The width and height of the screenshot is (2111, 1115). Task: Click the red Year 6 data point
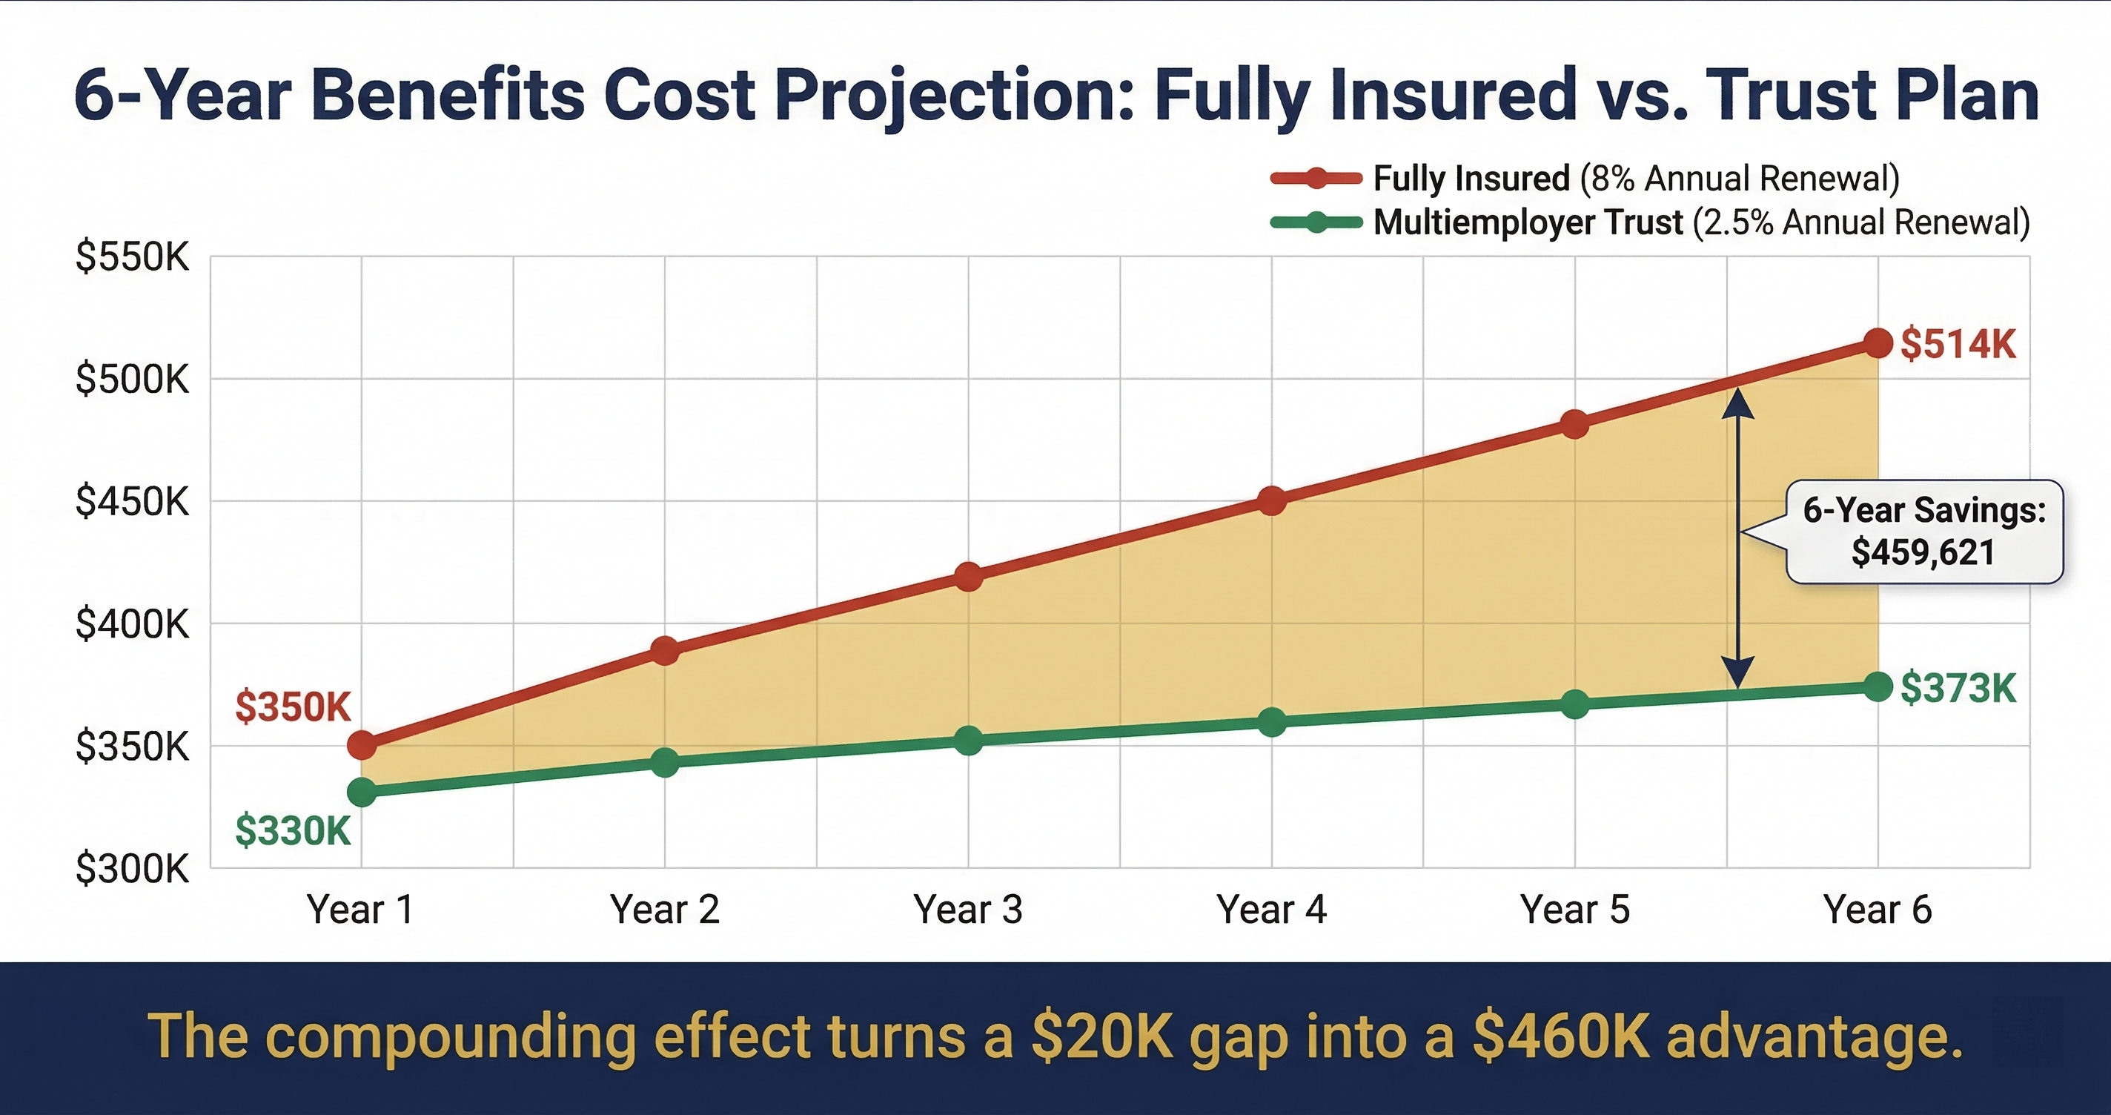point(1878,343)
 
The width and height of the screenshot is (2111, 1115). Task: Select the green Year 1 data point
point(362,792)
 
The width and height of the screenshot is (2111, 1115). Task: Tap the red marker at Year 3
point(968,576)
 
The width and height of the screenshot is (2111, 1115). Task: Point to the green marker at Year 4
point(1271,722)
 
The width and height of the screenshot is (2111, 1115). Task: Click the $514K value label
point(1958,343)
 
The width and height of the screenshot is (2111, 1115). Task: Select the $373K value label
point(1958,688)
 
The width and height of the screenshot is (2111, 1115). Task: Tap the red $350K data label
point(293,707)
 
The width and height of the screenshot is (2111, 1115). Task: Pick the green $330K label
point(293,830)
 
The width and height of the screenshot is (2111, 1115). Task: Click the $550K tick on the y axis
point(132,257)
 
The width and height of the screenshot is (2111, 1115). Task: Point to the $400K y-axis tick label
point(132,625)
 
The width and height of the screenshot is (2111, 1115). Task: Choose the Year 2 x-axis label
point(665,909)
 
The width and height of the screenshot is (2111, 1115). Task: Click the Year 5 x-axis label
point(1574,909)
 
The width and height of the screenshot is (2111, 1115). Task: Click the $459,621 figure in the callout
point(1923,552)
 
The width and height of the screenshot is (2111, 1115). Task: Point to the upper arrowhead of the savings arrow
point(1737,402)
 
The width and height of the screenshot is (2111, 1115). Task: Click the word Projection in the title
point(955,96)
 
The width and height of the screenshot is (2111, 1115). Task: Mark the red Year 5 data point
point(1574,425)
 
